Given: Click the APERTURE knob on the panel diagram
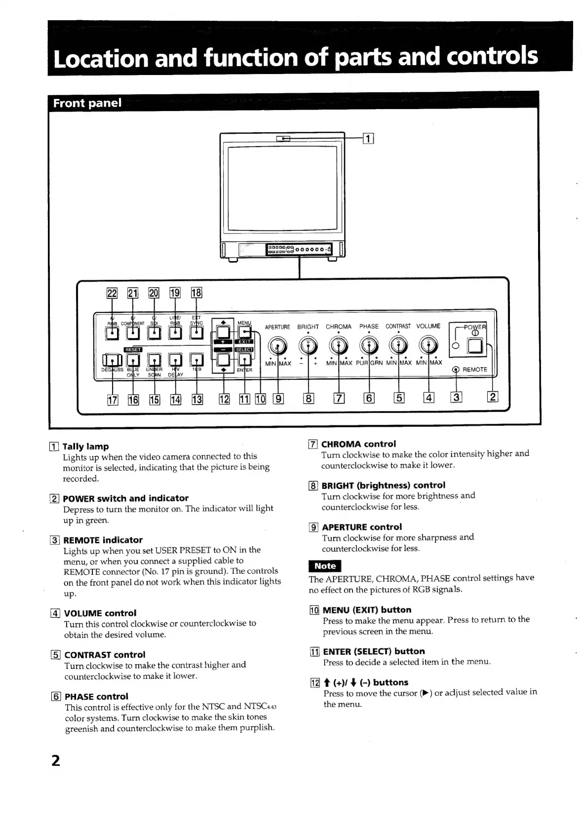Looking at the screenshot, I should click(277, 345).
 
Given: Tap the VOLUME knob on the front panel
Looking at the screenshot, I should click(428, 345).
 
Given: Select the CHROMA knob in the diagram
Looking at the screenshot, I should click(339, 345).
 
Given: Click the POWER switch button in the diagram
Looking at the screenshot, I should click(475, 347).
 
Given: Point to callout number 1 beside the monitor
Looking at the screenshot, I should click(368, 139).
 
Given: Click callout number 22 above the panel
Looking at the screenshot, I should click(112, 293).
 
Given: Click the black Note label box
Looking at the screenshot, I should click(324, 566).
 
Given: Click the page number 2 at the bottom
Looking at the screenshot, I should click(56, 760).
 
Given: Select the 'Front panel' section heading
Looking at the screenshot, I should click(87, 103).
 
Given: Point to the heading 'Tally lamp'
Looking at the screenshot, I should click(86, 446).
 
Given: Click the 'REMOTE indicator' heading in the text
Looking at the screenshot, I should click(103, 540).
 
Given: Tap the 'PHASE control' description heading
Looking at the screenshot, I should click(96, 696).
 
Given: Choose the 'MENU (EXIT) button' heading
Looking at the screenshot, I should click(367, 609).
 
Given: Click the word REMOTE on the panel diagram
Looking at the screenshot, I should click(474, 370).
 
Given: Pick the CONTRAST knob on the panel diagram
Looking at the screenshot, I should click(398, 345).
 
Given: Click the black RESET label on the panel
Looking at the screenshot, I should click(133, 349).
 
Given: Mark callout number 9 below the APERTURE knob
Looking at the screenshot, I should click(278, 397).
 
